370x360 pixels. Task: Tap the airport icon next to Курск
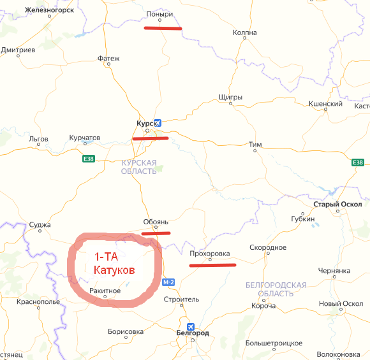pyautogui.click(x=158, y=122)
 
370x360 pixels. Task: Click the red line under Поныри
pyautogui.click(x=163, y=28)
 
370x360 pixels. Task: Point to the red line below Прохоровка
pyautogui.click(x=212, y=264)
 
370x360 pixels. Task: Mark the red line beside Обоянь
pyautogui.click(x=156, y=233)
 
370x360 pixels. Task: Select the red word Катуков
pyautogui.click(x=114, y=271)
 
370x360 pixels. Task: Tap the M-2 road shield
pyautogui.click(x=168, y=282)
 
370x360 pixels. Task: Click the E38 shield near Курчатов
pyautogui.click(x=88, y=159)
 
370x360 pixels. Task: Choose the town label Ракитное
pyautogui.click(x=105, y=291)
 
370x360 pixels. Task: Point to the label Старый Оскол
pyautogui.click(x=337, y=205)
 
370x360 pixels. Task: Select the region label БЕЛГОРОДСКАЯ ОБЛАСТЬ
pyautogui.click(x=276, y=289)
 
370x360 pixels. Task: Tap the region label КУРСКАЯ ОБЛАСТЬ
pyautogui.click(x=139, y=167)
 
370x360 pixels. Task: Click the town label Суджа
pyautogui.click(x=40, y=225)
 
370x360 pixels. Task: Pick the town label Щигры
pyautogui.click(x=230, y=97)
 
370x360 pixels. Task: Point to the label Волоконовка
pyautogui.click(x=339, y=354)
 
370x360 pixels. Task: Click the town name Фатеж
pyautogui.click(x=108, y=59)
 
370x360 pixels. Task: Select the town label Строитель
pyautogui.click(x=181, y=299)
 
